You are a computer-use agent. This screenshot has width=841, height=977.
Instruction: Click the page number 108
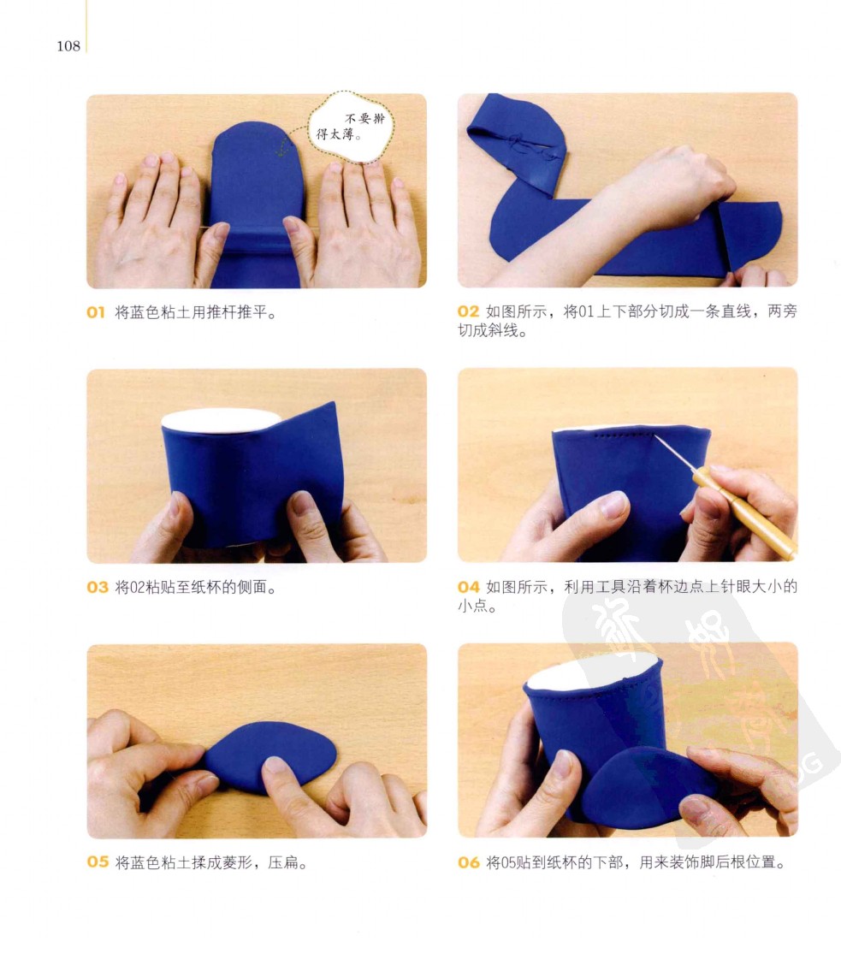(68, 46)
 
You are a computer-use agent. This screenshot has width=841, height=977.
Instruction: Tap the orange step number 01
(95, 312)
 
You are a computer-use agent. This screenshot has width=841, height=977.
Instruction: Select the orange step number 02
(468, 311)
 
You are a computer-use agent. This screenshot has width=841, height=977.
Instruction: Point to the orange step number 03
(98, 587)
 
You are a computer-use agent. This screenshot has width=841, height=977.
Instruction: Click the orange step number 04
(469, 587)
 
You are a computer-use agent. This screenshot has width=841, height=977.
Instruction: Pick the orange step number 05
(98, 862)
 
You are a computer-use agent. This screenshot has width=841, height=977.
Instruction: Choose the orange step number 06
(469, 862)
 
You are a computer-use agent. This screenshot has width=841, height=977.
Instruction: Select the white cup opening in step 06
(592, 671)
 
